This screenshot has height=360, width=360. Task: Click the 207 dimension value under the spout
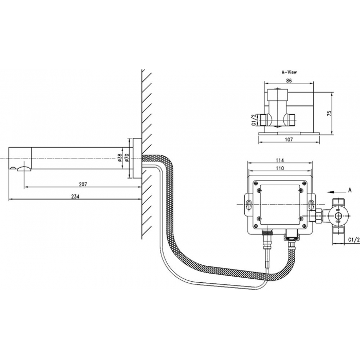pos(83,184)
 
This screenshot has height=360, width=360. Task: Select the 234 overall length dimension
pos(75,196)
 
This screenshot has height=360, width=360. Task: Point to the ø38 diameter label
pos(120,157)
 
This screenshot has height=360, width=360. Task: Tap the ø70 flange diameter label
pos(128,157)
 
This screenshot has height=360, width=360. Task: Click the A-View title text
pos(289,73)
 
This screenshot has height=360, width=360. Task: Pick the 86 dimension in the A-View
pos(289,81)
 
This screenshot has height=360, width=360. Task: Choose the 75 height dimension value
pos(329,114)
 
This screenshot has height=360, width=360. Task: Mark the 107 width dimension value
pos(289,139)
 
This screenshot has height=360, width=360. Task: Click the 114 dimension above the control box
pos(280,160)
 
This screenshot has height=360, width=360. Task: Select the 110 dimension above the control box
pos(280,168)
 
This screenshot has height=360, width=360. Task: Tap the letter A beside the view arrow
pos(350,190)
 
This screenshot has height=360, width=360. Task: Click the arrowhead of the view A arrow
pos(329,191)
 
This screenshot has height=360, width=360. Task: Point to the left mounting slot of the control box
pos(249,205)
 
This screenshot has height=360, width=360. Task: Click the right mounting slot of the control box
pos(311,205)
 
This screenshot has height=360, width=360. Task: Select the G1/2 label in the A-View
pos(254,120)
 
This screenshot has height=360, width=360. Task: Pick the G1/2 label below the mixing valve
pos(354,240)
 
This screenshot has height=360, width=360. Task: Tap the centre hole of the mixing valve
pos(338,216)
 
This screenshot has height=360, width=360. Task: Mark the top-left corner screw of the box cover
pos(256,183)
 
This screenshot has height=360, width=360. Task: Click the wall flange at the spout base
pos(137,158)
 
